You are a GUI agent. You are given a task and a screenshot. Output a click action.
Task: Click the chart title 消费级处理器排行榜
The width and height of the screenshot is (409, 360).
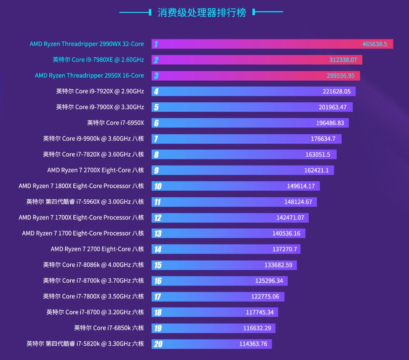[201, 12]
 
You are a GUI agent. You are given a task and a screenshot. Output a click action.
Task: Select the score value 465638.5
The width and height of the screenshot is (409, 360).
[374, 44]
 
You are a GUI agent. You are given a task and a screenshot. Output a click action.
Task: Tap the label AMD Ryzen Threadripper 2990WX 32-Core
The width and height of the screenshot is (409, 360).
[87, 44]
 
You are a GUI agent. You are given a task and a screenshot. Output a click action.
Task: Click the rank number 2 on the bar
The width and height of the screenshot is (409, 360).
[156, 60]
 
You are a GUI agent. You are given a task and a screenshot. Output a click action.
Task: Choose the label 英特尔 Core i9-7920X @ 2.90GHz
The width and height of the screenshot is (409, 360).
[100, 91]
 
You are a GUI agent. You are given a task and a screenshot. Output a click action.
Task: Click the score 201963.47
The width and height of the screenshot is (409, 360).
[333, 107]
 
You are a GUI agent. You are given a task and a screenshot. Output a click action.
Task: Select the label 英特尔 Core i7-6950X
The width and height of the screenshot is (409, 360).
[116, 123]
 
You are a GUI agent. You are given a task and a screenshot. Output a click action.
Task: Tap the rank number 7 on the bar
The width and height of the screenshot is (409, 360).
[156, 139]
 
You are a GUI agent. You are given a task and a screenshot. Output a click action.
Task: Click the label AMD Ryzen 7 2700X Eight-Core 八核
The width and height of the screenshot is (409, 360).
[95, 170]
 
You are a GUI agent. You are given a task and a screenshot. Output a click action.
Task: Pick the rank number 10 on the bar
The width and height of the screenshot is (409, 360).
[158, 186]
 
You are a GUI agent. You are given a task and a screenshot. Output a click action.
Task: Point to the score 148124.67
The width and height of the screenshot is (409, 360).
[298, 202]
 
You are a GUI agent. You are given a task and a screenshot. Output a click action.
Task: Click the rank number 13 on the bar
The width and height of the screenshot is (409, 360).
[158, 233]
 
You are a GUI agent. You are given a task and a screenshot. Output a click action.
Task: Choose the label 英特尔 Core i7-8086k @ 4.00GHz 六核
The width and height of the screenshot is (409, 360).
[93, 265]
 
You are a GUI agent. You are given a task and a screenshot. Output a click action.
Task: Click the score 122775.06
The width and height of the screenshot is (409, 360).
[265, 296]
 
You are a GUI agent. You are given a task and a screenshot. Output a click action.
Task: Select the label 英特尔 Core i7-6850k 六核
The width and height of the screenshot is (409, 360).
[109, 328]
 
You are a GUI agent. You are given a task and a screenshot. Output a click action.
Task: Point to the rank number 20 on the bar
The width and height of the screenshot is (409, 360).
[158, 344]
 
